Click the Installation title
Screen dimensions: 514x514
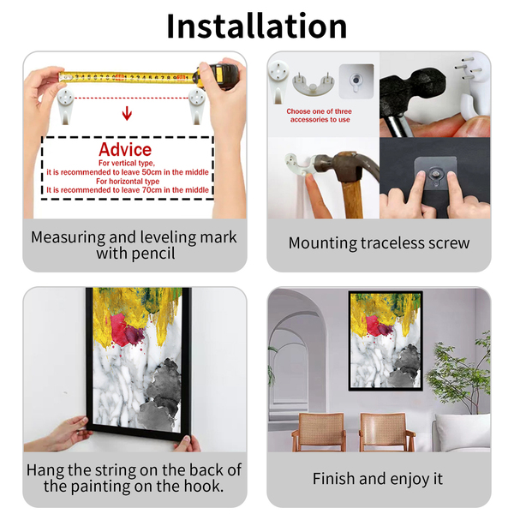pyautogui.click(x=257, y=27)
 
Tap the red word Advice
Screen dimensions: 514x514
pyautogui.click(x=125, y=150)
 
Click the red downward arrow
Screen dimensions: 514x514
pyautogui.click(x=127, y=113)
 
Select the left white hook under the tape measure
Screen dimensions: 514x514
pyautogui.click(x=66, y=106)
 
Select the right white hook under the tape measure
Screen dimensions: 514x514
pyautogui.click(x=197, y=106)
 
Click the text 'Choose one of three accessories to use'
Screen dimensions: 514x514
pyautogui.click(x=320, y=116)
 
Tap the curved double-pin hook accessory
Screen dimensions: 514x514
pyautogui.click(x=314, y=84)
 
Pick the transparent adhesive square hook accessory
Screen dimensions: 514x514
pyautogui.click(x=356, y=81)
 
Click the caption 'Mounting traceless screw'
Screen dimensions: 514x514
pyautogui.click(x=379, y=243)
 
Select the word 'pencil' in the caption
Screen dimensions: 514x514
pyautogui.click(x=153, y=254)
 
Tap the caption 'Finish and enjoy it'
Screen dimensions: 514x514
pyautogui.click(x=378, y=479)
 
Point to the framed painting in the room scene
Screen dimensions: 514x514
pyautogui.click(x=385, y=341)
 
